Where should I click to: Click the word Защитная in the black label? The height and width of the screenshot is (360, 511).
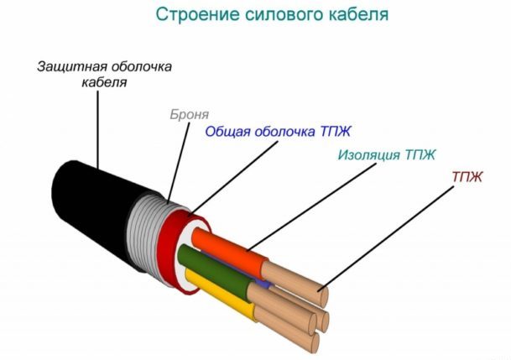pyautogui.click(x=72, y=67)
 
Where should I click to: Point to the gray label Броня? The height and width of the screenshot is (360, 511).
pyautogui.click(x=189, y=115)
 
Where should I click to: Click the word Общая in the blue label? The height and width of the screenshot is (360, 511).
pyautogui.click(x=227, y=132)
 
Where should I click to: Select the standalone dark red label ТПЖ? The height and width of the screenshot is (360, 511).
pyautogui.click(x=467, y=177)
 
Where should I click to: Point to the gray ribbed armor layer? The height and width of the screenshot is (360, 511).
pyautogui.click(x=145, y=232)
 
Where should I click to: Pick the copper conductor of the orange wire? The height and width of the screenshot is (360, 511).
pyautogui.click(x=295, y=284)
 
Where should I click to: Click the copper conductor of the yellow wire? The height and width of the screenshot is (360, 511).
pyautogui.click(x=287, y=332)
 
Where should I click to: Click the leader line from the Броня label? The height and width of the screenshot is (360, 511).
pyautogui.click(x=179, y=163)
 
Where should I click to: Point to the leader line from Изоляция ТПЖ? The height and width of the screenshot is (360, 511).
pyautogui.click(x=311, y=206)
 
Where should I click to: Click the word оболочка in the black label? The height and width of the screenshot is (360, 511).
pyautogui.click(x=141, y=67)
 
